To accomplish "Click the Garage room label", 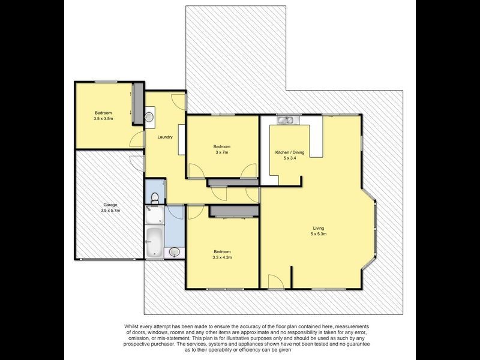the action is click(x=110, y=205).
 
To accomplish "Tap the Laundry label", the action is click(x=165, y=137).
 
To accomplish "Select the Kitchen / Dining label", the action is click(x=290, y=152).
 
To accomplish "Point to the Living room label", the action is click(x=319, y=228).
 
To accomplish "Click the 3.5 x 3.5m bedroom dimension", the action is click(x=103, y=118).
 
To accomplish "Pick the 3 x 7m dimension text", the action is click(x=222, y=152).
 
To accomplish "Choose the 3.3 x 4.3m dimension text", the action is click(x=222, y=257).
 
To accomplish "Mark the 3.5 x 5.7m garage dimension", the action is click(x=110, y=211).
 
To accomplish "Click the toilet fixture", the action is click(x=155, y=198).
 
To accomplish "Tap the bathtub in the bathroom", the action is click(x=154, y=242).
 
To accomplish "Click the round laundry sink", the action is click(x=149, y=117).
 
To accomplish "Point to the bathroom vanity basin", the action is click(x=175, y=252).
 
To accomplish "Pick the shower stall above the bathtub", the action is click(x=154, y=215).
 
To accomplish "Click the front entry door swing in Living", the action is click(x=276, y=281).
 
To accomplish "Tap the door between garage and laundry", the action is click(x=137, y=163).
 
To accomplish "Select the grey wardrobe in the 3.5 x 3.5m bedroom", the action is click(x=138, y=103).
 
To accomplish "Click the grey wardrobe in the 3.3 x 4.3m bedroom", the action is click(x=234, y=211).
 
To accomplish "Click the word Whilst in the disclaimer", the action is click(x=131, y=326).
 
